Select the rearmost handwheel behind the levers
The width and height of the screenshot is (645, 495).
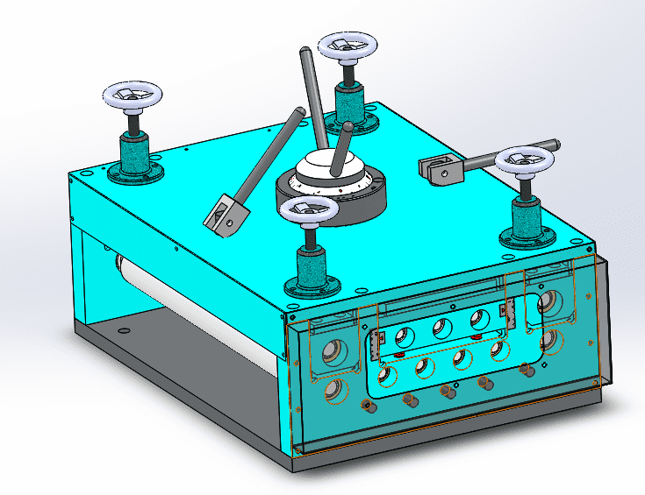coord(348,46)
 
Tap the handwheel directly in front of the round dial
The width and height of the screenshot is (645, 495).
coord(308,210)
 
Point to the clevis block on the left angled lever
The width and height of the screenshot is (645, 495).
coord(224,213)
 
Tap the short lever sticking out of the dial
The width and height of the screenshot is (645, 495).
coord(340,144)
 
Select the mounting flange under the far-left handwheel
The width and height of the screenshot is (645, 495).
coord(136,172)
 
